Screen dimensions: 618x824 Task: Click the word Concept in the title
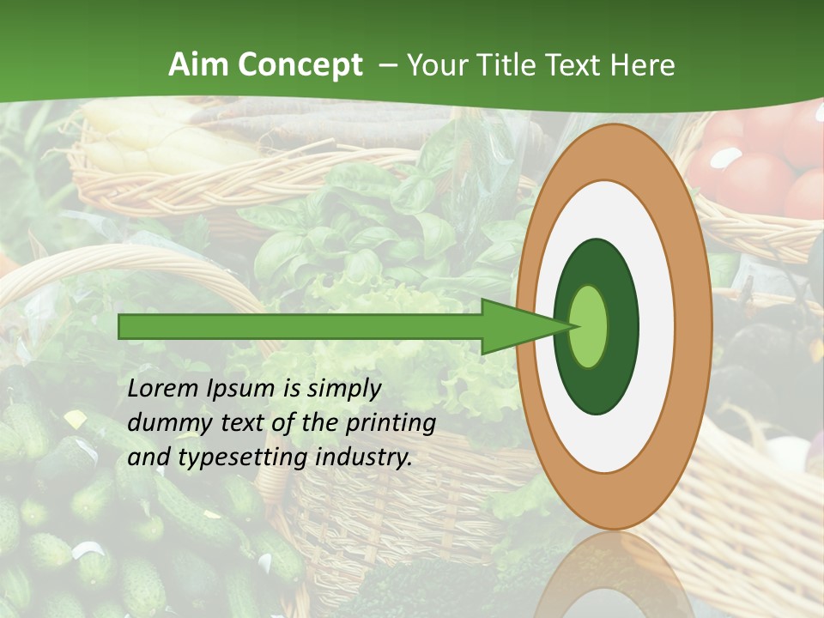[300, 66]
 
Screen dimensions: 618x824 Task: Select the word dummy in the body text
[164, 423]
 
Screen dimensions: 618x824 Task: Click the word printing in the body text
[390, 424]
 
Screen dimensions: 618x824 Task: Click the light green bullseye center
[589, 326]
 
